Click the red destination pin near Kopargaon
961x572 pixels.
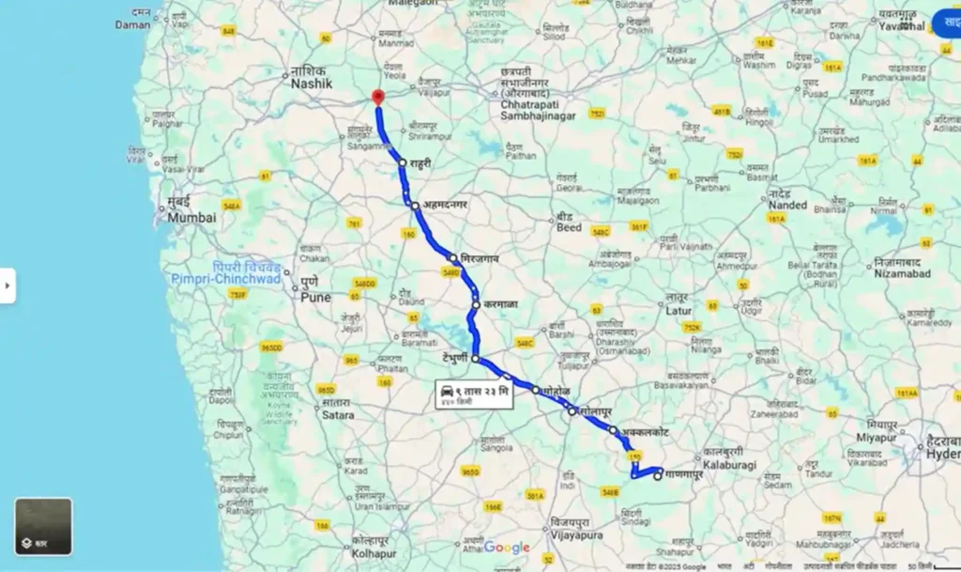[377, 98]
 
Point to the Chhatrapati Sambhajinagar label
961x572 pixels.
[531, 100]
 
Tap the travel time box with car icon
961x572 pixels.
[475, 394]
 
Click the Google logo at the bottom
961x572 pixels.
[507, 548]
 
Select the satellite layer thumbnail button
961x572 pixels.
[43, 526]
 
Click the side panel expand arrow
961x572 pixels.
[8, 286]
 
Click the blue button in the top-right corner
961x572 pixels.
[947, 23]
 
